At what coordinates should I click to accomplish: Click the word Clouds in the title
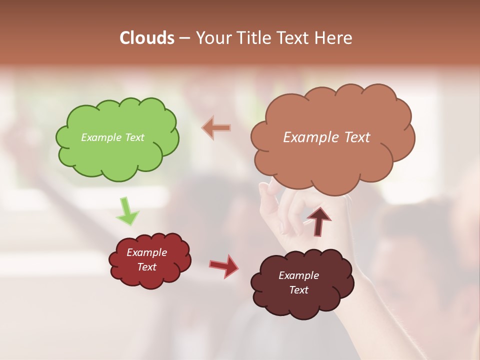coord(147,38)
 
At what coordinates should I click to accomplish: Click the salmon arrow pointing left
coord(216,127)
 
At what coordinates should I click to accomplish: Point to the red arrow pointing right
coord(224,265)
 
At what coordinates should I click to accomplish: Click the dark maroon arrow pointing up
coord(318,220)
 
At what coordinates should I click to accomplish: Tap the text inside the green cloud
coord(112,137)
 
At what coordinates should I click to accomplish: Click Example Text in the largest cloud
coord(326,137)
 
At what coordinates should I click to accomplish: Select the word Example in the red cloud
coord(146,252)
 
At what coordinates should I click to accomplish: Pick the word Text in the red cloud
coord(146,267)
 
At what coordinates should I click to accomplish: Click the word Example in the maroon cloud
coord(298,275)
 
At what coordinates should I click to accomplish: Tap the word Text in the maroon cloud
coord(298,290)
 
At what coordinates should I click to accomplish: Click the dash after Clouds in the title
coord(184,38)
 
